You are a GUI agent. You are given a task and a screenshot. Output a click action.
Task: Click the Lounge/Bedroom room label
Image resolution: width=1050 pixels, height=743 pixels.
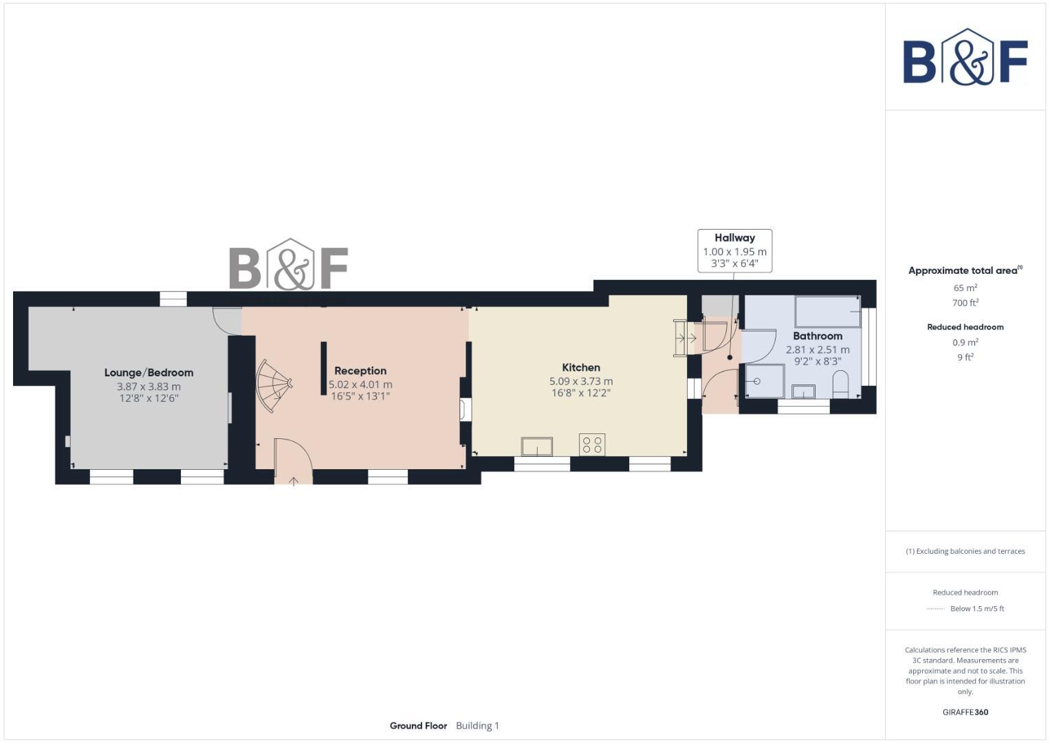point(149,372)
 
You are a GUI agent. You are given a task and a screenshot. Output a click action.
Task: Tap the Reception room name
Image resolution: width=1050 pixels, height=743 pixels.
point(360,371)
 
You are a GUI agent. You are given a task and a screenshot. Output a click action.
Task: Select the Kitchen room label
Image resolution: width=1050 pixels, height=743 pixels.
point(581,367)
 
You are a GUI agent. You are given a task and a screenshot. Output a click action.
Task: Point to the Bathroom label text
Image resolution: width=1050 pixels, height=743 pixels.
point(818,336)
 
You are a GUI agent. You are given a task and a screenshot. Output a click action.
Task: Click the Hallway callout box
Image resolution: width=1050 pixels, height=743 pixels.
point(734,250)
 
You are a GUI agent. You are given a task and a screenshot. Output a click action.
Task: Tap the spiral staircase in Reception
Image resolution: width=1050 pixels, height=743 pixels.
point(273,387)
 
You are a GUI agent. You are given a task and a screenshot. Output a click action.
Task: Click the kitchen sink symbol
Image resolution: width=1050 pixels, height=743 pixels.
point(536,446)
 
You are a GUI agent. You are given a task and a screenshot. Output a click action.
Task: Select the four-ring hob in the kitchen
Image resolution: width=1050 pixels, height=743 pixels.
point(592,444)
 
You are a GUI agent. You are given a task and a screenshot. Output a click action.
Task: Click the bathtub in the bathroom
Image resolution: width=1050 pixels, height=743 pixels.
point(827,312)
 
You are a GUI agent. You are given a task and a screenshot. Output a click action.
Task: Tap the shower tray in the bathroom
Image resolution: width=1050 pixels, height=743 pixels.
point(765,381)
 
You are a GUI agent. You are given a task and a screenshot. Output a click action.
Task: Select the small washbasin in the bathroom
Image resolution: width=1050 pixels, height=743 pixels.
point(803,391)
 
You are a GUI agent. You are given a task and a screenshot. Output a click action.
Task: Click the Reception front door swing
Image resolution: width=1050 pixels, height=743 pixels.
point(293,460)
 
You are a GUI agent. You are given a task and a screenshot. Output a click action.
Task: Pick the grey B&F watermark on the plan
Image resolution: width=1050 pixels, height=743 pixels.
point(288,265)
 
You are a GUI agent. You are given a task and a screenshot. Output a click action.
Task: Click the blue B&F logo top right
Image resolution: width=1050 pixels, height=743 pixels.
point(965,58)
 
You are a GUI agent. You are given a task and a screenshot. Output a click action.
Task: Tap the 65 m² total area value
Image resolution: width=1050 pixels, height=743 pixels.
point(965,288)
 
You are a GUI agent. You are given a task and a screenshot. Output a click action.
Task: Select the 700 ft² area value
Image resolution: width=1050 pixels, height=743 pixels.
point(965,303)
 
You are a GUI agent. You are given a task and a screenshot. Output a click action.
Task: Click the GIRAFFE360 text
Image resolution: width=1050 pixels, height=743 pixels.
point(965,712)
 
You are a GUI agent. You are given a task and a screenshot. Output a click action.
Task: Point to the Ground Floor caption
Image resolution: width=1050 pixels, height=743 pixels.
point(418,725)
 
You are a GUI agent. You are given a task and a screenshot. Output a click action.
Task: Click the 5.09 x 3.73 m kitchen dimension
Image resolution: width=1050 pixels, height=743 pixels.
point(581,381)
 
